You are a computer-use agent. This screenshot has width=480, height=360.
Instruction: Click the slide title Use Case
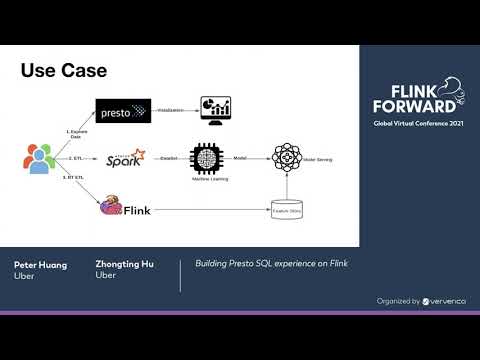click(64, 71)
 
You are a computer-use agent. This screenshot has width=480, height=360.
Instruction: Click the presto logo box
click(123, 110)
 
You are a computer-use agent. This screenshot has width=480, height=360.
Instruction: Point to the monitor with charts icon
click(215, 109)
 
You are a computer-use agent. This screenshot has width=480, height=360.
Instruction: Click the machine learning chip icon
click(206, 157)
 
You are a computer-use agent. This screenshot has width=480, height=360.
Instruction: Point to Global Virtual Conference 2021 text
click(413, 123)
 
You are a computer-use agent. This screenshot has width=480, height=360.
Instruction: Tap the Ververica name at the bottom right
click(444, 301)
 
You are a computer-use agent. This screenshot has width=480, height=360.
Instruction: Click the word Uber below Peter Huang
click(24, 276)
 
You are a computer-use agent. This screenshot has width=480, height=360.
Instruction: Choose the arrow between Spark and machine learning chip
click(168, 157)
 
